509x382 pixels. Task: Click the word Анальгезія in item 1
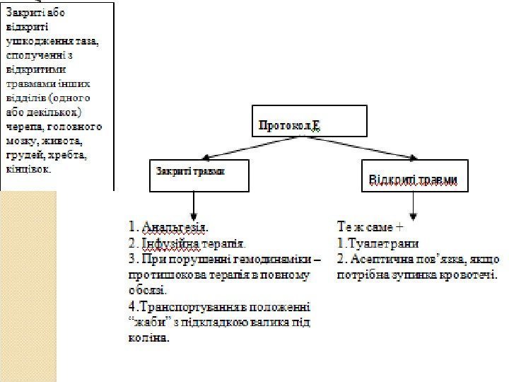point(176,228)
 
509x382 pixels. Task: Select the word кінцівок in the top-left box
point(28,168)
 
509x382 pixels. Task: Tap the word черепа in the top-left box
point(21,128)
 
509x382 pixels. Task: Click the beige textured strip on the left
point(29,283)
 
